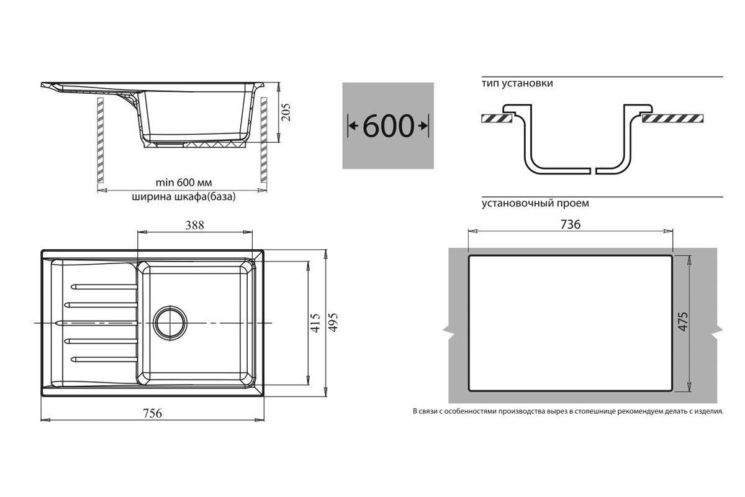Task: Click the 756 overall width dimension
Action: point(152,413)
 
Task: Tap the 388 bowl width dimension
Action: point(194,226)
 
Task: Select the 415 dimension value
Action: point(315,322)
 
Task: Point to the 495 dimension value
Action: point(333,322)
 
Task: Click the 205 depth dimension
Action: point(286,112)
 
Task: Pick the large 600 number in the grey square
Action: point(389,126)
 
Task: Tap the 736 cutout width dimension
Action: point(571,225)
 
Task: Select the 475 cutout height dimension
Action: point(683,321)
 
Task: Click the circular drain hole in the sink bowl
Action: point(170,322)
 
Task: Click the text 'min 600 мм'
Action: point(184,183)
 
